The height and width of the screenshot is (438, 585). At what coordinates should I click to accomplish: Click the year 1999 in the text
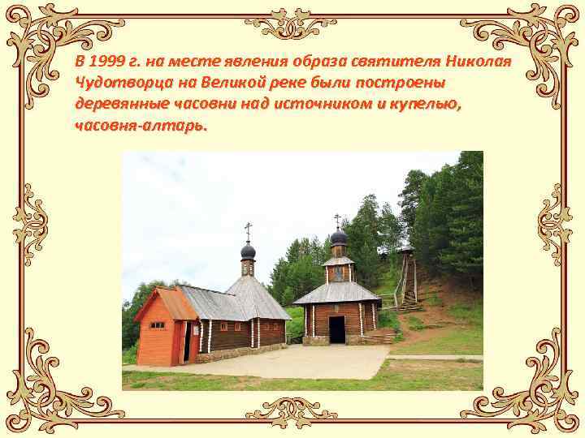tap(106, 62)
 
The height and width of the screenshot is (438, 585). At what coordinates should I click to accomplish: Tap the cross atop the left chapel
tap(248, 230)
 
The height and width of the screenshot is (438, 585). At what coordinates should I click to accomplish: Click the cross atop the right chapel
tap(337, 219)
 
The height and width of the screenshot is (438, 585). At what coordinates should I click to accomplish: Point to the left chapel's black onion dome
tap(248, 251)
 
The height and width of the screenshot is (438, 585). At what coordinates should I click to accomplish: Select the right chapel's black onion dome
tap(338, 237)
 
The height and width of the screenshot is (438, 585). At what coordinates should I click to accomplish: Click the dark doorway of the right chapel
tap(336, 329)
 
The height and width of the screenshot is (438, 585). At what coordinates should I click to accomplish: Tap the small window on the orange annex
tap(157, 325)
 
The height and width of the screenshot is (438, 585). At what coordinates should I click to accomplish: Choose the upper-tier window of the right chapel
tap(338, 273)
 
